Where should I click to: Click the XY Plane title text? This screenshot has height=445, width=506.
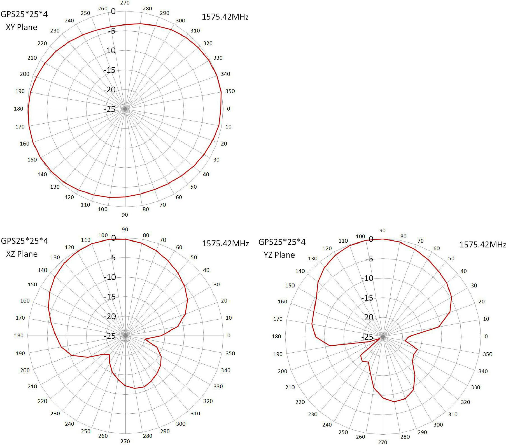click(x=22, y=27)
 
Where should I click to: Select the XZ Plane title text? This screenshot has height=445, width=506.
click(x=22, y=254)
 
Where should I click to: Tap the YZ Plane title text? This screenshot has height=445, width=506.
click(x=279, y=255)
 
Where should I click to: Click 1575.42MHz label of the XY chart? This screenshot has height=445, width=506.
click(x=225, y=17)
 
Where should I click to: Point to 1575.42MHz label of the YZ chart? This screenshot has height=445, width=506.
click(x=482, y=245)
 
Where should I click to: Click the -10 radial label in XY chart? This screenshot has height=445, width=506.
click(x=109, y=51)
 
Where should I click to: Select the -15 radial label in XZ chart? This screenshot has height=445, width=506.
click(x=109, y=297)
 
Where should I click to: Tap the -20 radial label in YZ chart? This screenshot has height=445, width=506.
click(x=367, y=317)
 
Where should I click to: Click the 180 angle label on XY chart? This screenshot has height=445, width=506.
click(x=18, y=109)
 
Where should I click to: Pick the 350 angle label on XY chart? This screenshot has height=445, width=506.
click(x=230, y=91)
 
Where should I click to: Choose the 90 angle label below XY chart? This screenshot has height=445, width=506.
click(x=125, y=215)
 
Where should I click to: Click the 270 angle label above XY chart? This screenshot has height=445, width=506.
click(x=125, y=3)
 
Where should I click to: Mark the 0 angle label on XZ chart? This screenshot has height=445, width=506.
click(x=229, y=336)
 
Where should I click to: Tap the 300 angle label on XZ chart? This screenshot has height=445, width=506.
click(x=181, y=424)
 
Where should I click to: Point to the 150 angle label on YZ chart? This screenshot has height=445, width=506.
click(x=290, y=285)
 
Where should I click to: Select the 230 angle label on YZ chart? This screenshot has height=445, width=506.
click(x=313, y=414)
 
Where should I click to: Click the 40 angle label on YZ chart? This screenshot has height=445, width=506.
click(x=464, y=271)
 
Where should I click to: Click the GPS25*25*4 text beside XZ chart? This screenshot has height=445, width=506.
click(x=24, y=241)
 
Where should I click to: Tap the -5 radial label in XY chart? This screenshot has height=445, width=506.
click(x=112, y=31)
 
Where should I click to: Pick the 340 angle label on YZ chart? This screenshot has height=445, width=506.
click(x=483, y=371)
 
